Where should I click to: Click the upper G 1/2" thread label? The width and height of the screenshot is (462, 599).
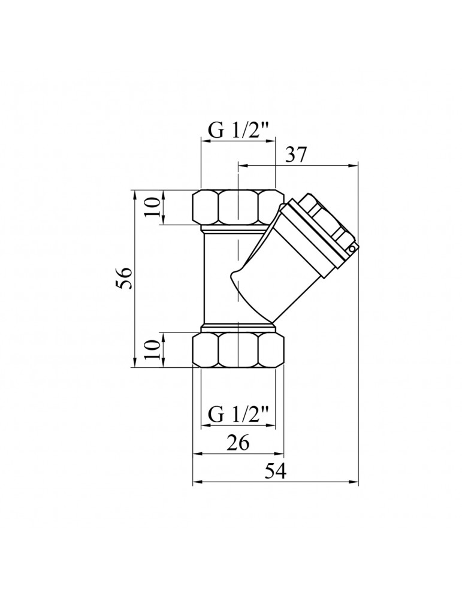[x=238, y=130]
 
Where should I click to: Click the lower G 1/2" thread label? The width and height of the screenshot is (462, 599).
[x=238, y=414]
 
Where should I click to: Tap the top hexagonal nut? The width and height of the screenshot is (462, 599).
[x=238, y=207]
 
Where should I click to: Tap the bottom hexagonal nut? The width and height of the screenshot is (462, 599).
[x=238, y=350]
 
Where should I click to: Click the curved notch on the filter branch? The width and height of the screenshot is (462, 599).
[x=235, y=277]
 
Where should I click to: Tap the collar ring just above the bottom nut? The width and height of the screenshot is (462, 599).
[x=238, y=328]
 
